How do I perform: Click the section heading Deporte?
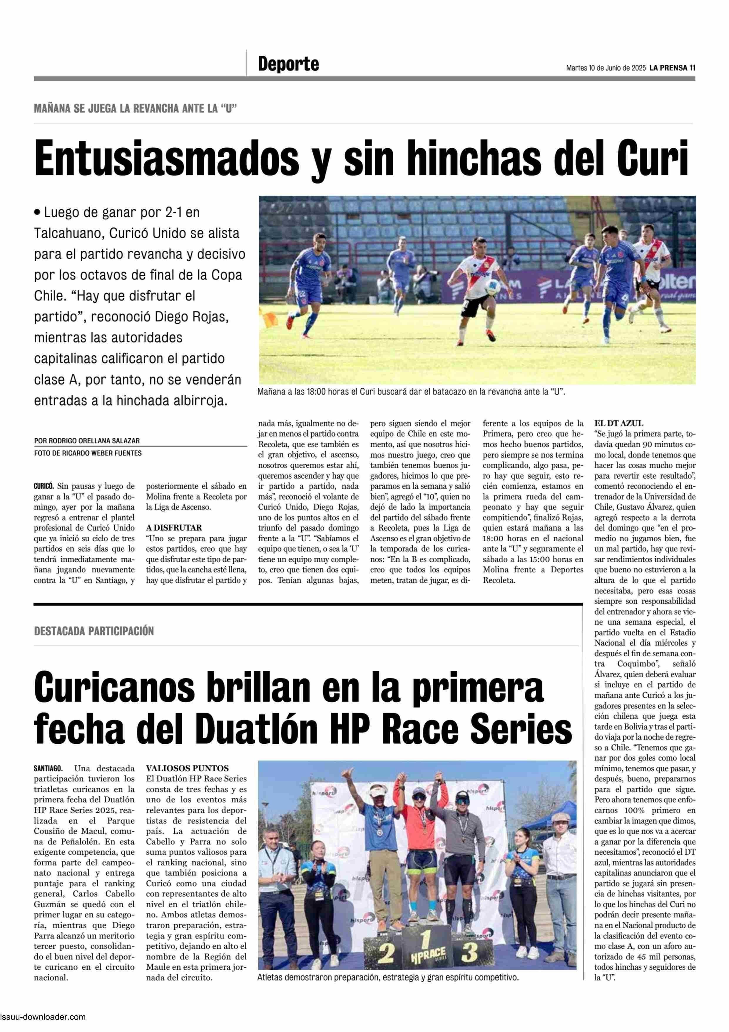click(x=288, y=64)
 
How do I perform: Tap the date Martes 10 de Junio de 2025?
click(x=606, y=68)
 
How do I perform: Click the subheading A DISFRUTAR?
click(x=174, y=528)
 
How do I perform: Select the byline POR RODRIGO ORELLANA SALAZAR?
click(x=87, y=441)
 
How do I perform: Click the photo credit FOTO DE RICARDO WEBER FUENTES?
click(x=88, y=453)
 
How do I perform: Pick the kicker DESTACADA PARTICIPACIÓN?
click(x=93, y=631)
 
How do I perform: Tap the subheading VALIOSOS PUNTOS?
click(x=187, y=768)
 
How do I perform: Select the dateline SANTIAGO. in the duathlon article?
click(x=48, y=768)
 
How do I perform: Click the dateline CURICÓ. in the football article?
click(x=44, y=486)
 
